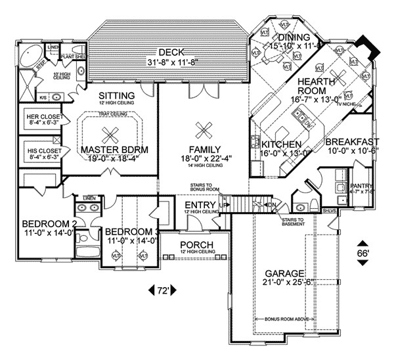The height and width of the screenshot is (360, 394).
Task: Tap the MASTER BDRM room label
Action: point(116,149)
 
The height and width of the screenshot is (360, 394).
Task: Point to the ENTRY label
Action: point(198,206)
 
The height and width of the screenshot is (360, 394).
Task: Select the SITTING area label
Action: point(118,96)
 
